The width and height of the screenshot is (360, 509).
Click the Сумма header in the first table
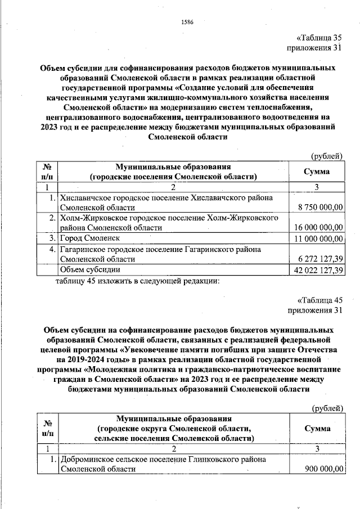316,172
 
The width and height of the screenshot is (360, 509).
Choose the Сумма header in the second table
316,428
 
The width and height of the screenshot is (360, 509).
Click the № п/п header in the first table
47,172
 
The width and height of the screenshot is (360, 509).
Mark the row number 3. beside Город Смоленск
51,239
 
